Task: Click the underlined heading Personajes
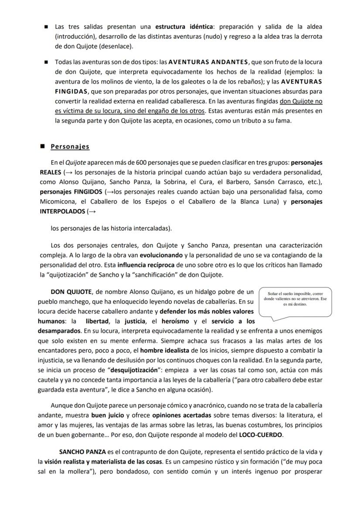click(x=70, y=147)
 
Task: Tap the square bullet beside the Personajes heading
click(x=42, y=147)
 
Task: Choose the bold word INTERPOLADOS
click(x=61, y=211)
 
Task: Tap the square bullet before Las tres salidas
click(x=46, y=27)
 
